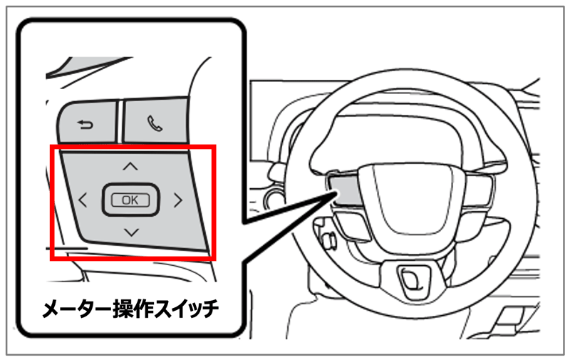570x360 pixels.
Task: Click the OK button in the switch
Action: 130,200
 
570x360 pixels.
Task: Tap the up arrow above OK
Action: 130,166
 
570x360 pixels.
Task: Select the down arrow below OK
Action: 131,232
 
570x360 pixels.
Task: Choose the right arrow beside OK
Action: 177,200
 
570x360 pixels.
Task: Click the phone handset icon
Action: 155,123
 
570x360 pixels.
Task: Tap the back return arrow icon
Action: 85,125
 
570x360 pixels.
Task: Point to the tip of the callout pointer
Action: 336,193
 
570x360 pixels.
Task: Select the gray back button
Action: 88,121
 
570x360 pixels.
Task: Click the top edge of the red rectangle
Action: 133,147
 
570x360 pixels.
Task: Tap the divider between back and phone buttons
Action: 120,121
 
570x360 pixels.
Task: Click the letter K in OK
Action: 135,200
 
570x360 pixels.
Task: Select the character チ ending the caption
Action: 210,309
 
